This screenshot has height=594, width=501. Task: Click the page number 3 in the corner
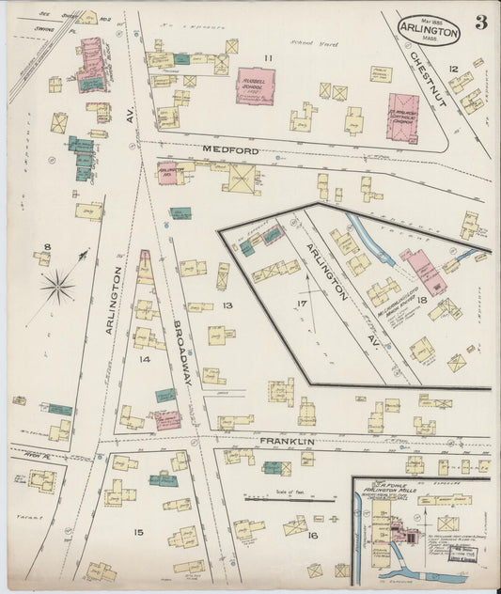pyautogui.click(x=480, y=23)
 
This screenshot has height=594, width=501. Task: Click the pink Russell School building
pyautogui.click(x=254, y=86)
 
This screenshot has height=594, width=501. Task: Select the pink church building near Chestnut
pyautogui.click(x=401, y=117)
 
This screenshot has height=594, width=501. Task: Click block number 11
pyautogui.click(x=268, y=59)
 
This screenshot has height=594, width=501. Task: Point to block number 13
pyautogui.click(x=227, y=306)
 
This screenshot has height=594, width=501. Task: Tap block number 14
pyautogui.click(x=144, y=359)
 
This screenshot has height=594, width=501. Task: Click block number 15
pyautogui.click(x=138, y=533)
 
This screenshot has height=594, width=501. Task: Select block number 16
pyautogui.click(x=312, y=535)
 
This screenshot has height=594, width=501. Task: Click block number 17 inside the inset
pyautogui.click(x=302, y=304)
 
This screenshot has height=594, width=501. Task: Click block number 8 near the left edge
pyautogui.click(x=46, y=248)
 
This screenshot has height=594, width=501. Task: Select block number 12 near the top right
pyautogui.click(x=453, y=69)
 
